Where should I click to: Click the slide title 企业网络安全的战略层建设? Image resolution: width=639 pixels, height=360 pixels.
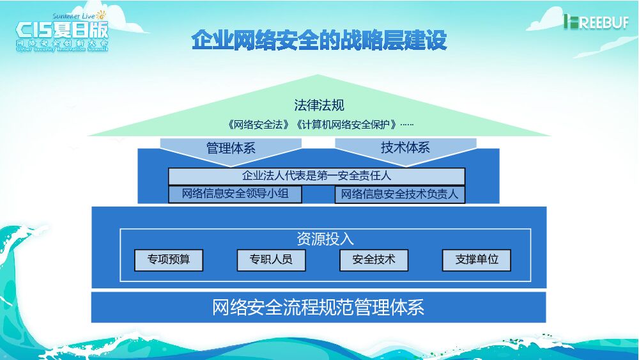click(x=319, y=40)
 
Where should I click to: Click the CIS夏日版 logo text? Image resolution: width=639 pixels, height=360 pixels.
click(x=61, y=30)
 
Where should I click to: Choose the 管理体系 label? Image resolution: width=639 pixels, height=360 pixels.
click(x=231, y=148)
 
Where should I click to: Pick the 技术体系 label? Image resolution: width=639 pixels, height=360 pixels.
click(x=405, y=148)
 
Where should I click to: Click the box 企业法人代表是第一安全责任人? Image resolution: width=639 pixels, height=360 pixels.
click(x=316, y=176)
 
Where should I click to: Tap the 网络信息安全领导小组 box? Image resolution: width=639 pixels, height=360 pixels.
click(x=235, y=194)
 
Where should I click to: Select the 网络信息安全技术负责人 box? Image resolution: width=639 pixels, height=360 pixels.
click(x=399, y=194)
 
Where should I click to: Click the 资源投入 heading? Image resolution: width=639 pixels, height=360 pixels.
click(x=325, y=239)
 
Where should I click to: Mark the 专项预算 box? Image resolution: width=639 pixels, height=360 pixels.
click(x=169, y=260)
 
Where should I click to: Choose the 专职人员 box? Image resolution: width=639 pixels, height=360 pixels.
click(x=271, y=260)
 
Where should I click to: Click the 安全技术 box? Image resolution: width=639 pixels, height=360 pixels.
click(x=374, y=260)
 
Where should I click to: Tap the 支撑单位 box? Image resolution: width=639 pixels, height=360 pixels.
click(x=477, y=260)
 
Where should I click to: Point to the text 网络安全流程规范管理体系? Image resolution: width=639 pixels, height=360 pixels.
click(x=318, y=308)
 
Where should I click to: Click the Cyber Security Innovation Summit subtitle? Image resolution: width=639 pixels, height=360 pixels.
click(x=61, y=49)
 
